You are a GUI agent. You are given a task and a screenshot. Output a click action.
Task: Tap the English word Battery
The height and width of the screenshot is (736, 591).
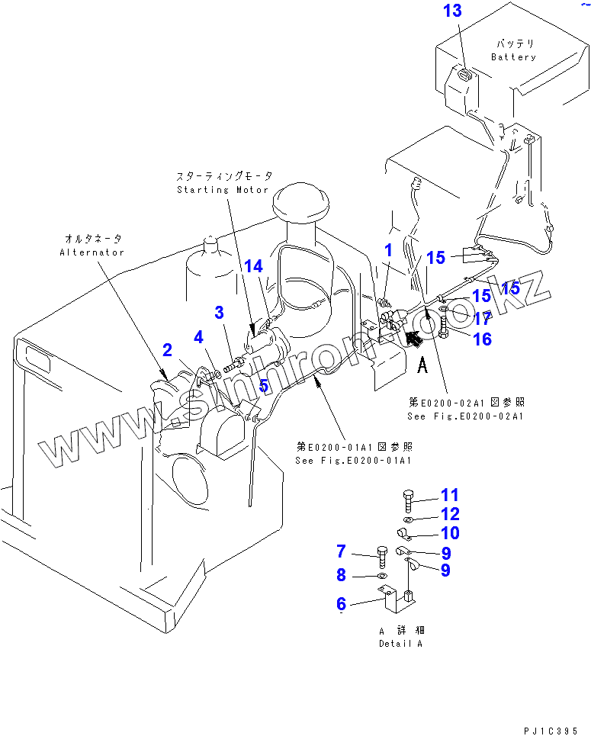tap(513, 57)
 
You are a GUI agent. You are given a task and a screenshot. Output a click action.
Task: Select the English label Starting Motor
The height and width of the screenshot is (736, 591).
tap(223, 190)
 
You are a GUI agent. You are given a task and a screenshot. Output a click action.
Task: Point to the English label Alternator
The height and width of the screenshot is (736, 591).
tap(92, 252)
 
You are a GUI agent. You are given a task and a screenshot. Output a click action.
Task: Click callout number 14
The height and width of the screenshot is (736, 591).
tap(253, 266)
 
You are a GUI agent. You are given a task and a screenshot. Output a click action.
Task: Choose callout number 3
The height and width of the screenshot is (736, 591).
tap(219, 312)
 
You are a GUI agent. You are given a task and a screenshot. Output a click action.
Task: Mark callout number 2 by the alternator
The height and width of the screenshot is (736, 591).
tap(167, 350)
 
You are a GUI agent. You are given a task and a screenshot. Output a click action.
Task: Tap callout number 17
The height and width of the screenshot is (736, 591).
tap(483, 318)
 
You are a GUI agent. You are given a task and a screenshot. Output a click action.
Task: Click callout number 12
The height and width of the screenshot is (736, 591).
tap(450, 514)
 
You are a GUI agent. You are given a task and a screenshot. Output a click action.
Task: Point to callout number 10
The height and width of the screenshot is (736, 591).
tap(450, 532)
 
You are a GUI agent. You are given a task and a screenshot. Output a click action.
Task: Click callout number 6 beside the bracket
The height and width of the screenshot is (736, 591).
tap(341, 604)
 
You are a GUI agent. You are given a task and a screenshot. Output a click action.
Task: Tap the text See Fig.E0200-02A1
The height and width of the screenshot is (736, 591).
tap(465, 416)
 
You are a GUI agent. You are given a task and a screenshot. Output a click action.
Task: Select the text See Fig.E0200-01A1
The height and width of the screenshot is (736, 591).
tap(354, 461)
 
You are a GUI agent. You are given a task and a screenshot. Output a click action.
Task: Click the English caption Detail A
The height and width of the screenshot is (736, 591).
tap(401, 643)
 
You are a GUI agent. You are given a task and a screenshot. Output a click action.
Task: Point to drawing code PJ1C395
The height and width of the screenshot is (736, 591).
tap(550, 730)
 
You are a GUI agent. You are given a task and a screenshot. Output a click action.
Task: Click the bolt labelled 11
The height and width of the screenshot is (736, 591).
tap(407, 500)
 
